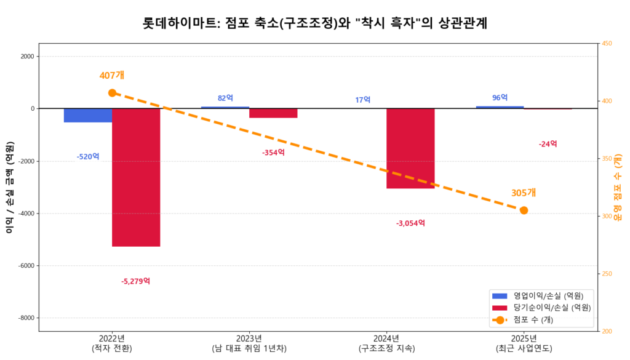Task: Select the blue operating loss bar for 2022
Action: coord(88,115)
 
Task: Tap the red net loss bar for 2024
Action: coord(410,148)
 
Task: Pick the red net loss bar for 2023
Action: coord(273,113)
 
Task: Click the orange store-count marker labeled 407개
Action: coord(112,93)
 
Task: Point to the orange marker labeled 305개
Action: coord(524,210)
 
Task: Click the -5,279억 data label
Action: coord(136,281)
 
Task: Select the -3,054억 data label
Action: coord(410,223)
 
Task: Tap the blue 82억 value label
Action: coord(225,98)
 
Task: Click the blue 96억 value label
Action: coord(500,98)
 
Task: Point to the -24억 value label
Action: coord(548,144)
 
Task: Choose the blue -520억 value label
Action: coord(88,157)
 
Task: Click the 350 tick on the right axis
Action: coord(607,159)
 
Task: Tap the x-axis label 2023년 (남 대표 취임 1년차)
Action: coord(249,343)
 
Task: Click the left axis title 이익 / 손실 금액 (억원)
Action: coord(9,187)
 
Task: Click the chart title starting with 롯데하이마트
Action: coord(315,23)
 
